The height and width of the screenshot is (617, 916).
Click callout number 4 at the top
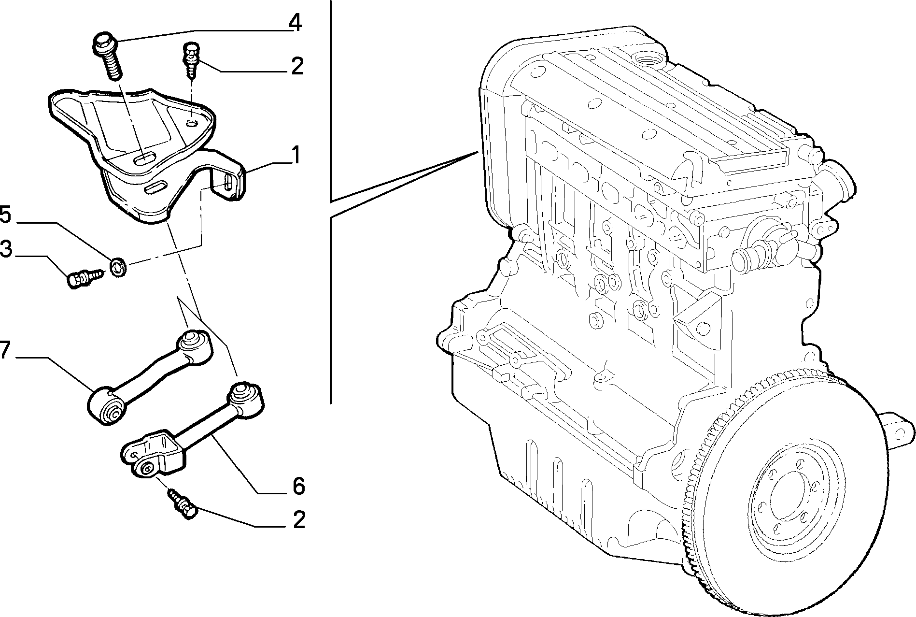[x=295, y=23]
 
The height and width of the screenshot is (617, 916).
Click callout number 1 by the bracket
[x=296, y=156]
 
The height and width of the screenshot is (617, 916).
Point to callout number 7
[x=4, y=349]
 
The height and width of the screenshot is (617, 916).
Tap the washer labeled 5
[x=118, y=267]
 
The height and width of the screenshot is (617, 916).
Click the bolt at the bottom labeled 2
[x=183, y=504]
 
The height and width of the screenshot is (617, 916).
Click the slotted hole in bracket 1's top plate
[x=145, y=158]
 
